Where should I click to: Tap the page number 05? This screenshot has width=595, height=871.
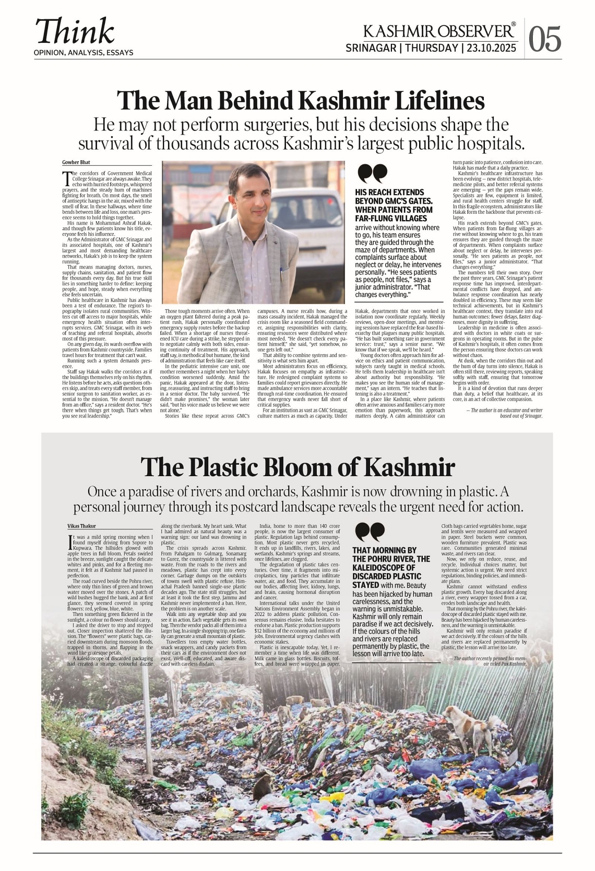click(545, 39)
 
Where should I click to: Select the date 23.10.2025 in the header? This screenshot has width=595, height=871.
click(491, 48)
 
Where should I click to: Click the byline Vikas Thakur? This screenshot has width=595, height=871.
click(81, 526)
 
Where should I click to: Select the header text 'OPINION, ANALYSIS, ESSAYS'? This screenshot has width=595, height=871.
click(83, 53)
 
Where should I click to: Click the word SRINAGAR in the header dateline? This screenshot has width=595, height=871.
click(371, 48)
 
